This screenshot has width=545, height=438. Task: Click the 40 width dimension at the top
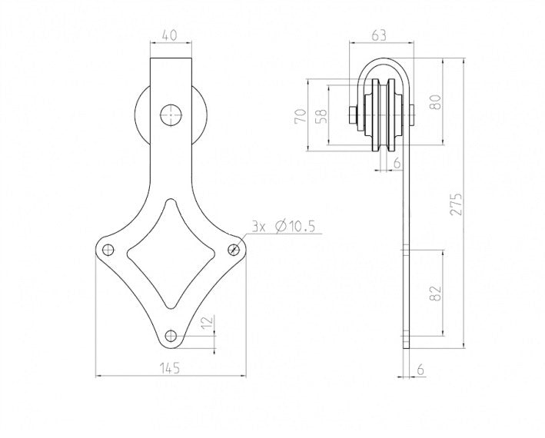(170, 35)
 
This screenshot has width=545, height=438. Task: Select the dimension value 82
(436, 294)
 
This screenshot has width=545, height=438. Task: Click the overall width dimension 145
(170, 369)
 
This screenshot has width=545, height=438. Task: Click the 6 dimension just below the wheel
(397, 163)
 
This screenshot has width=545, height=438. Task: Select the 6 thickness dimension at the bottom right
(420, 369)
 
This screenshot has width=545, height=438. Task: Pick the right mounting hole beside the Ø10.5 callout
(234, 248)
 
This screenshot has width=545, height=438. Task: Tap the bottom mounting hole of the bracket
(171, 335)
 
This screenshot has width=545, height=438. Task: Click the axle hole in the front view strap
(170, 115)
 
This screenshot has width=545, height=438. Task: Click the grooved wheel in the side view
(382, 115)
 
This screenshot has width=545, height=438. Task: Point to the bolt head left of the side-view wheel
(351, 115)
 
